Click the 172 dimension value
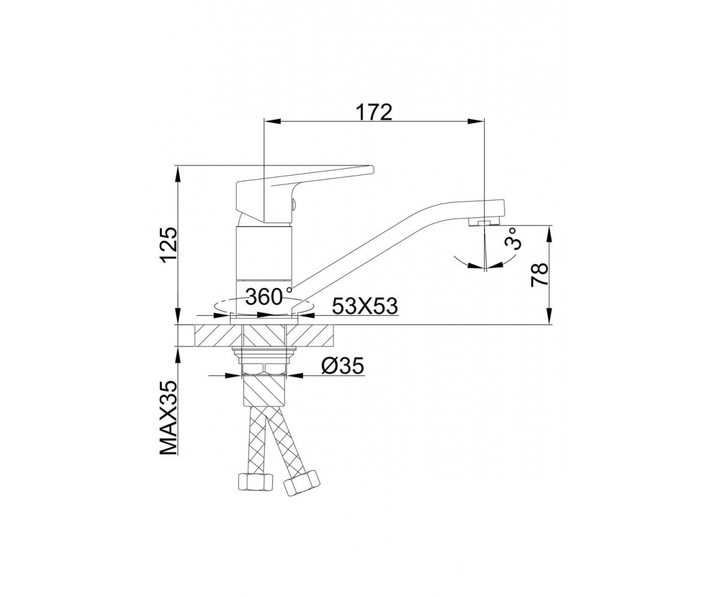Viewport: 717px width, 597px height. (373, 112)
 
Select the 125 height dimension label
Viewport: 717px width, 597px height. (170, 245)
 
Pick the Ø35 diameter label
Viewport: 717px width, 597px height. (342, 367)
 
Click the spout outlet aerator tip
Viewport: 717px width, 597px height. (484, 223)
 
